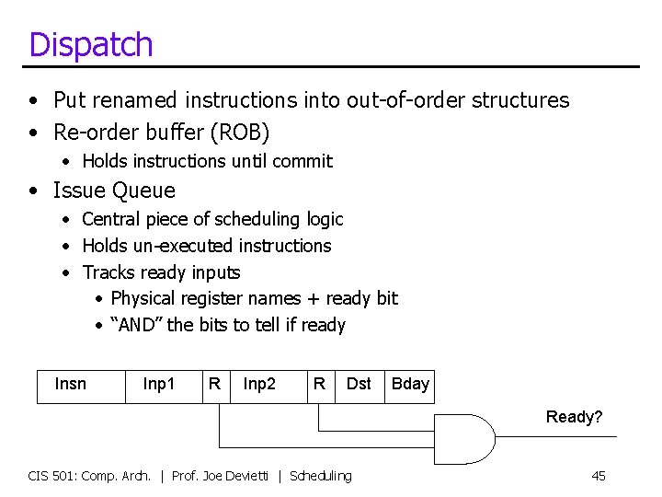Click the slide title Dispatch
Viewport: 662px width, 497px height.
[x=90, y=44]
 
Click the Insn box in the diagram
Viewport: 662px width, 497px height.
[x=71, y=384]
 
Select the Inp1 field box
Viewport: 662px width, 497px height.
[x=159, y=384]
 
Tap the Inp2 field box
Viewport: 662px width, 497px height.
[x=259, y=384]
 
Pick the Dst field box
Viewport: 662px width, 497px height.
[x=359, y=384]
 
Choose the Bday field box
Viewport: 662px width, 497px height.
[x=410, y=384]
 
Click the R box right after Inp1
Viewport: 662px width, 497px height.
[x=214, y=384]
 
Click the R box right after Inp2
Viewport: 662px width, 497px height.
[x=319, y=384]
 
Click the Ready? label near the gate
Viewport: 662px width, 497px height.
[x=574, y=417]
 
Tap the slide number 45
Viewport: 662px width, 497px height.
[x=599, y=476]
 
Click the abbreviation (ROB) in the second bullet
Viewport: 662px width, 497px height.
[x=240, y=133]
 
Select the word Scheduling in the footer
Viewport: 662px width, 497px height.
[x=320, y=476]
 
